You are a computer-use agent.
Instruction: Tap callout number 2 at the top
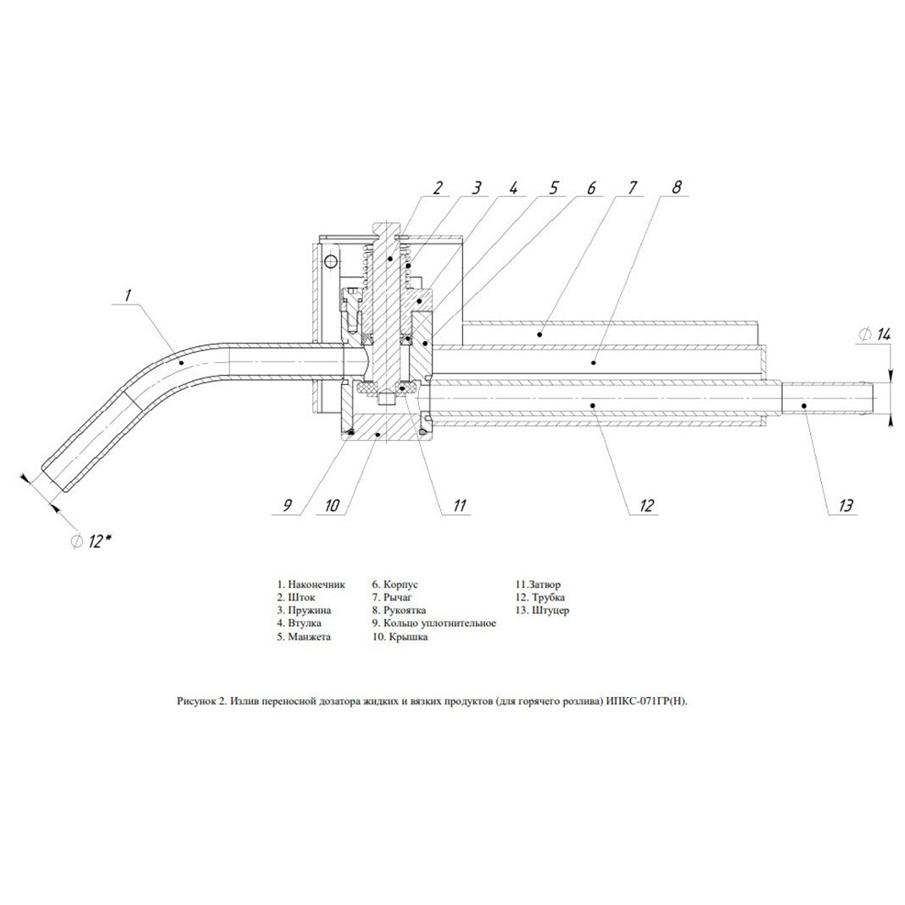pos(438,187)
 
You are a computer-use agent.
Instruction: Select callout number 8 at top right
pos(677,187)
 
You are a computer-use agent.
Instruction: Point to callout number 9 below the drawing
pos(288,506)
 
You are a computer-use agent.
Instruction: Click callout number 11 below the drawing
pos(459,506)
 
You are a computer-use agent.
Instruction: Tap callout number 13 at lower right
pos(845,506)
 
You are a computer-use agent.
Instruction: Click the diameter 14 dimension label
pos(875,334)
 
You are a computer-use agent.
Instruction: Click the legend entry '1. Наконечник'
pos(310,584)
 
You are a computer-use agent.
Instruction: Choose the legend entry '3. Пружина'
pos(304,610)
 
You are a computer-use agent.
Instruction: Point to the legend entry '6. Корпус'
pos(394,584)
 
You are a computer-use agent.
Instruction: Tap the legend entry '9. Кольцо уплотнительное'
pos(434,623)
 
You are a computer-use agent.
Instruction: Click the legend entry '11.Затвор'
pos(538,584)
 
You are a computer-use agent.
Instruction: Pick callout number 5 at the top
pos(553,187)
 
